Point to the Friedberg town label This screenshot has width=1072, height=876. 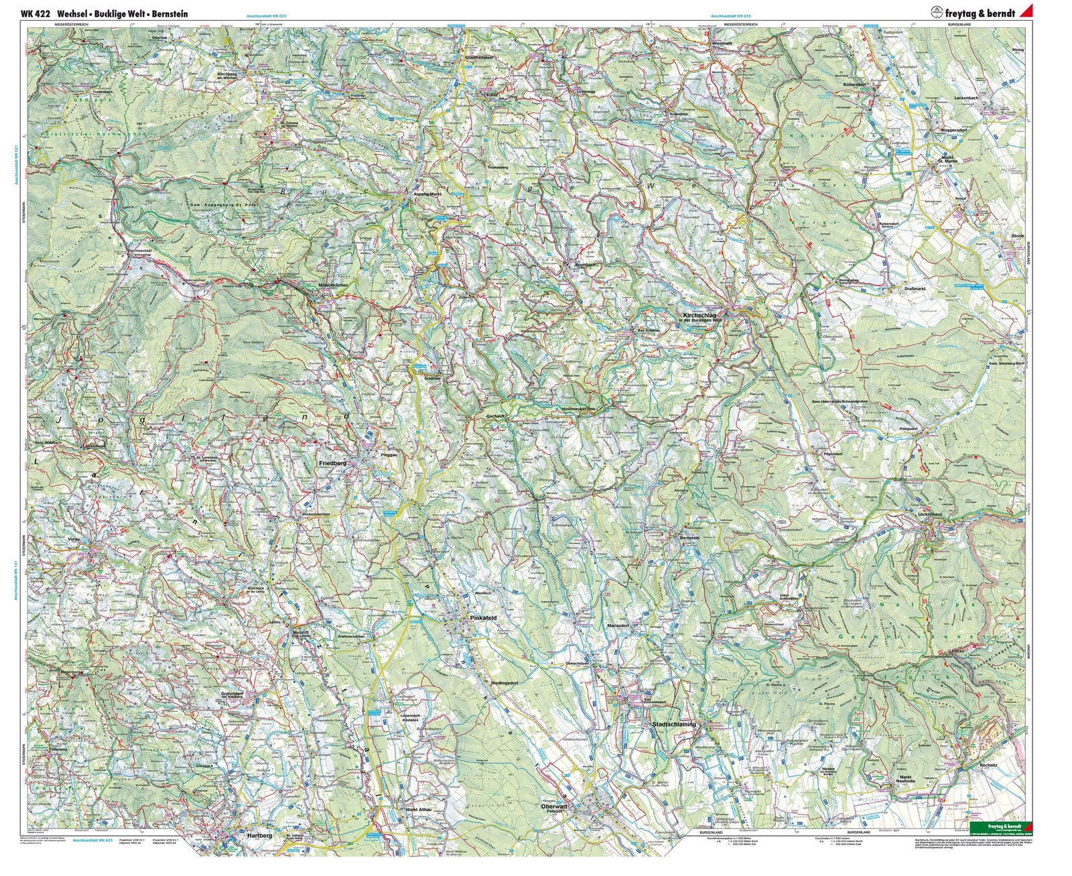click(332, 463)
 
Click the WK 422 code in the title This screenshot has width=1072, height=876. click(35, 13)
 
